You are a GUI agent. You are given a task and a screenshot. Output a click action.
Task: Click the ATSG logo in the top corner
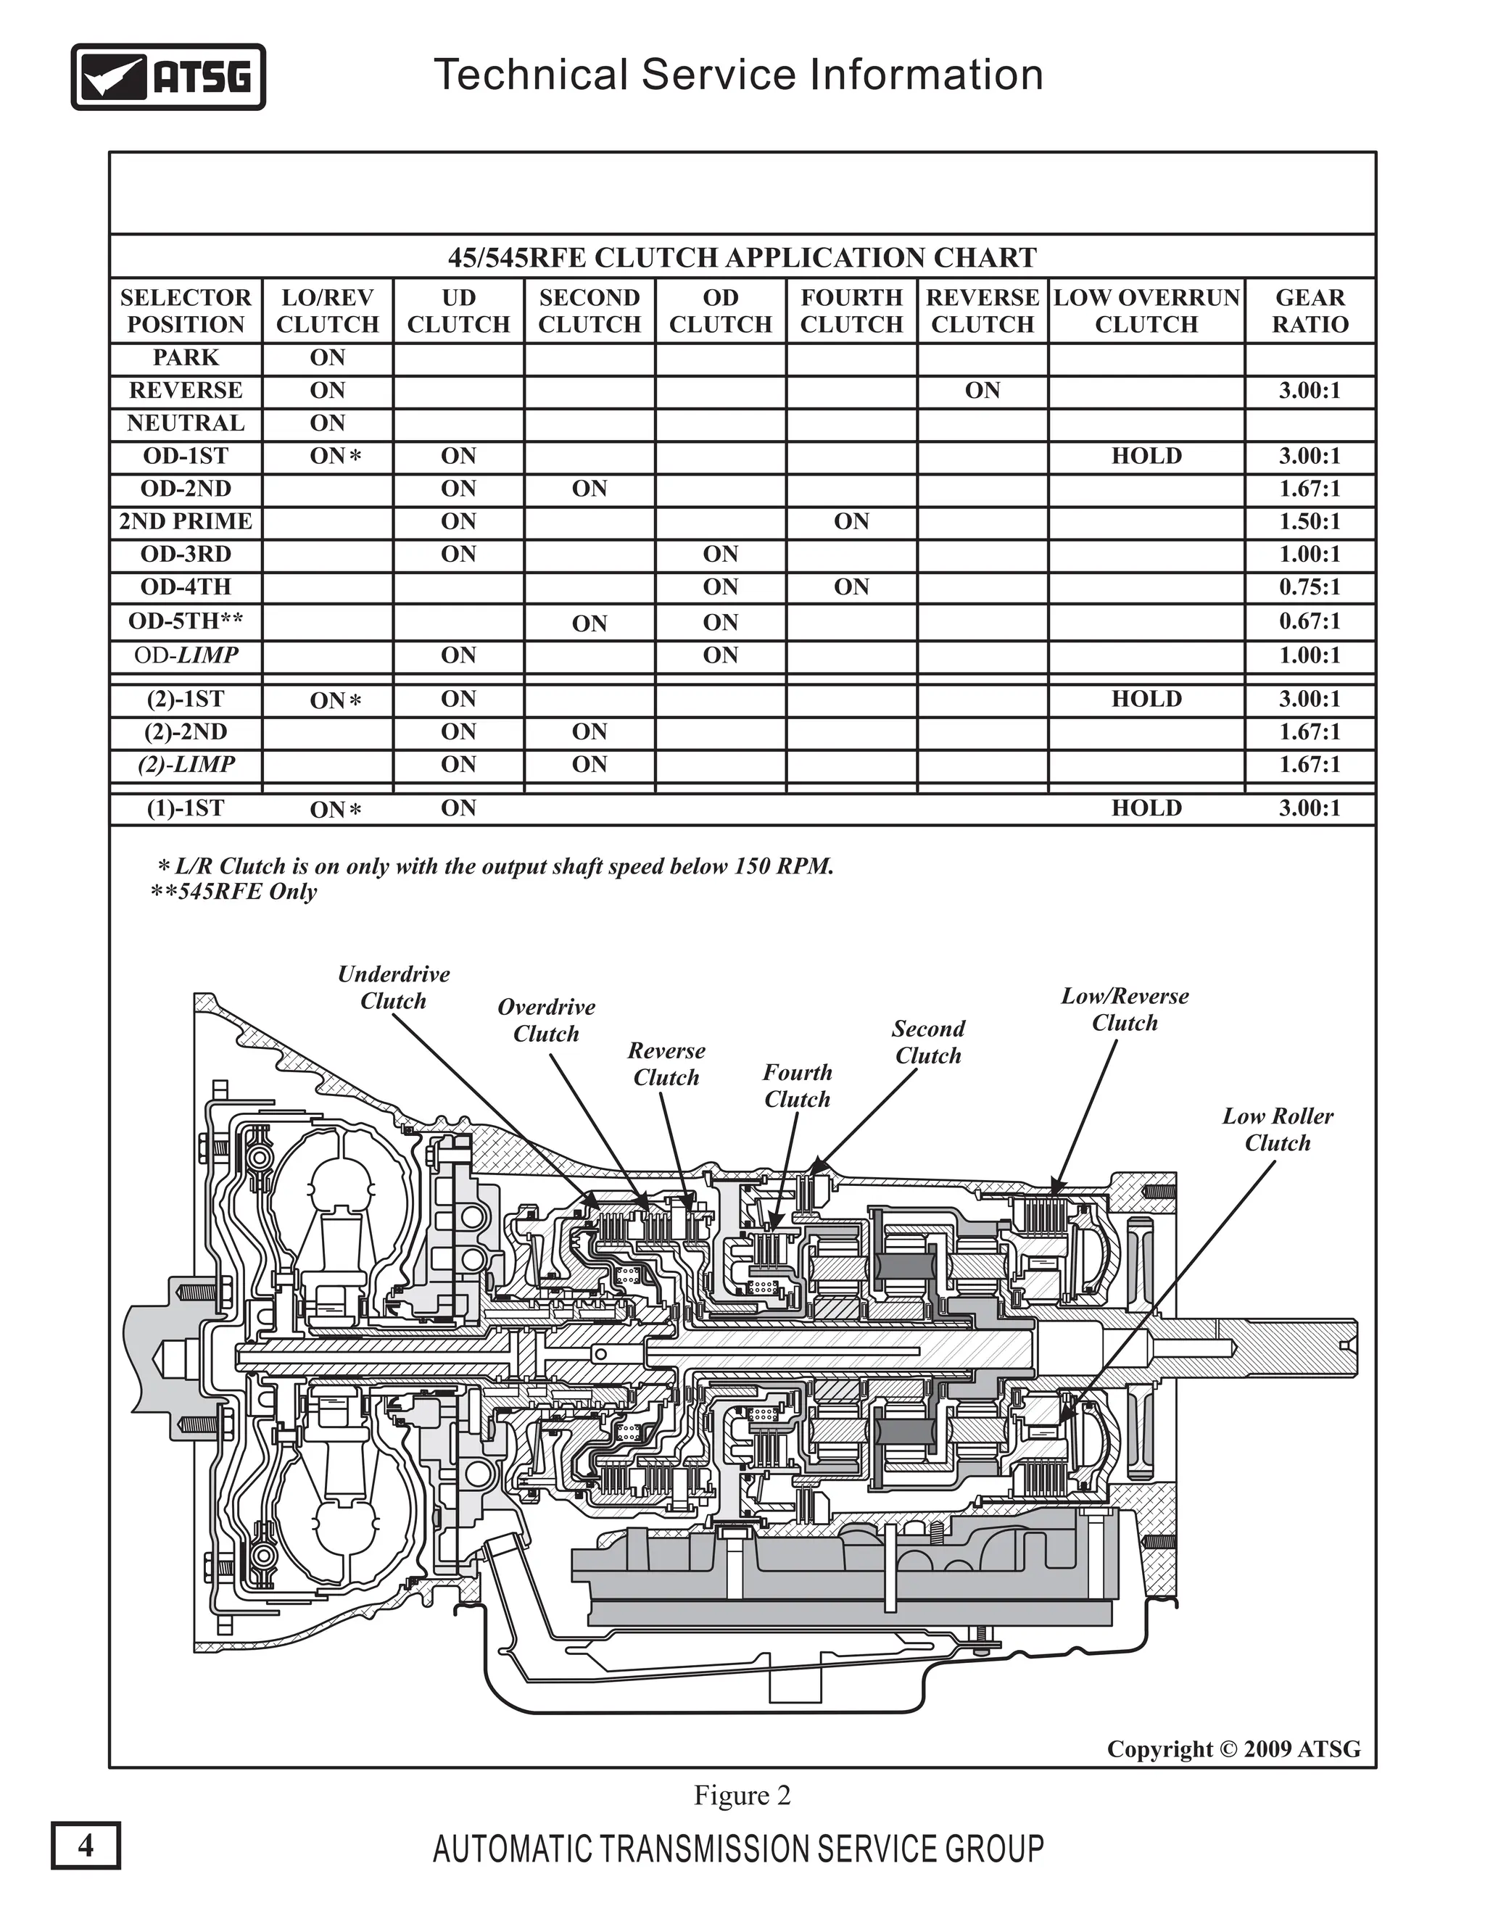pos(168,78)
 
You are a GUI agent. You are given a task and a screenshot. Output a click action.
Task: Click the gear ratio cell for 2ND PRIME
pos(1309,522)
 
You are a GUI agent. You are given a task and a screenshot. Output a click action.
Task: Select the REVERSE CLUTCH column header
pos(983,312)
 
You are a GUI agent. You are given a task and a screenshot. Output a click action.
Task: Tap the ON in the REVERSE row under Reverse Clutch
pos(983,391)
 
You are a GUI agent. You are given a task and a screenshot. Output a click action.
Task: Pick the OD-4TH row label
pos(186,586)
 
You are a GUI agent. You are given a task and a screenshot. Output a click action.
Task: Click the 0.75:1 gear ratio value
pos(1309,586)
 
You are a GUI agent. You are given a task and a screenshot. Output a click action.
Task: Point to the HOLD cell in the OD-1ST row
pos(1146,457)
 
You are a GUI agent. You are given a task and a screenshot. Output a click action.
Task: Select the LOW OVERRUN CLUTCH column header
pos(1146,312)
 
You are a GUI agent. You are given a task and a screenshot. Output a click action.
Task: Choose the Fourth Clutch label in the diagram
pos(797,1085)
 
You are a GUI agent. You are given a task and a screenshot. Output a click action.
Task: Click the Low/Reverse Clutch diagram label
pos(1125,1010)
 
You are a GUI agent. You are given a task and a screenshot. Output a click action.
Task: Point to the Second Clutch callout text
pos(928,1042)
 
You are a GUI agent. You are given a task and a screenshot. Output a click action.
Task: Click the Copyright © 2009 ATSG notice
pos(1233,1748)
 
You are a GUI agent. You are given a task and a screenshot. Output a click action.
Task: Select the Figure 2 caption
pos(742,1795)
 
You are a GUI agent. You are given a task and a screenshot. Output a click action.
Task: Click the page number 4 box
pos(86,1844)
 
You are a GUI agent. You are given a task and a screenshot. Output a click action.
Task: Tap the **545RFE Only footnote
pos(234,892)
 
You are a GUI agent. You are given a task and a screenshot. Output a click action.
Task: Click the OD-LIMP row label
pos(186,655)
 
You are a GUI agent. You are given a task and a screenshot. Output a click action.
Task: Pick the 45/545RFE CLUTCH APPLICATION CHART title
pos(742,258)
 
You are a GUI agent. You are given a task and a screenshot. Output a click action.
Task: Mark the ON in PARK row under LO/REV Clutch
pos(327,358)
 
